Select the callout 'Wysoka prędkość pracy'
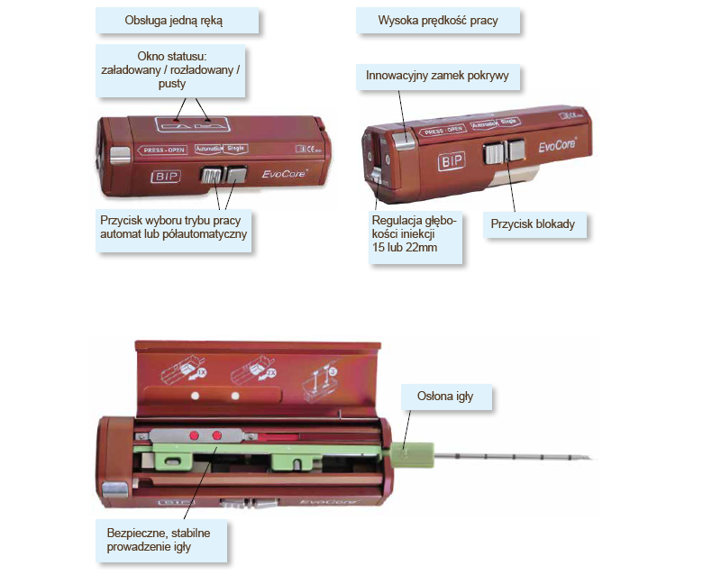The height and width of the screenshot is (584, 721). click(x=438, y=20)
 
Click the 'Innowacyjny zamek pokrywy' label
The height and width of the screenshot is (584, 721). click(x=437, y=76)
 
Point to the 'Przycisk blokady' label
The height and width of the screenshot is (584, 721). click(x=533, y=223)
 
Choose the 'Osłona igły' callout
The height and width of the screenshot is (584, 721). click(x=447, y=396)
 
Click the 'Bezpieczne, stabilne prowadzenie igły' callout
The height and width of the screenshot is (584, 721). click(x=160, y=539)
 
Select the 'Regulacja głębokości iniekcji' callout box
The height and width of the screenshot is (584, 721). click(x=415, y=233)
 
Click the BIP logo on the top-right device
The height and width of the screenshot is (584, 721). click(x=453, y=162)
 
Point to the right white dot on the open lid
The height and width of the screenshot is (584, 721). click(x=234, y=395)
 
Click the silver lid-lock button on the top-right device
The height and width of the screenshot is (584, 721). click(x=404, y=138)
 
